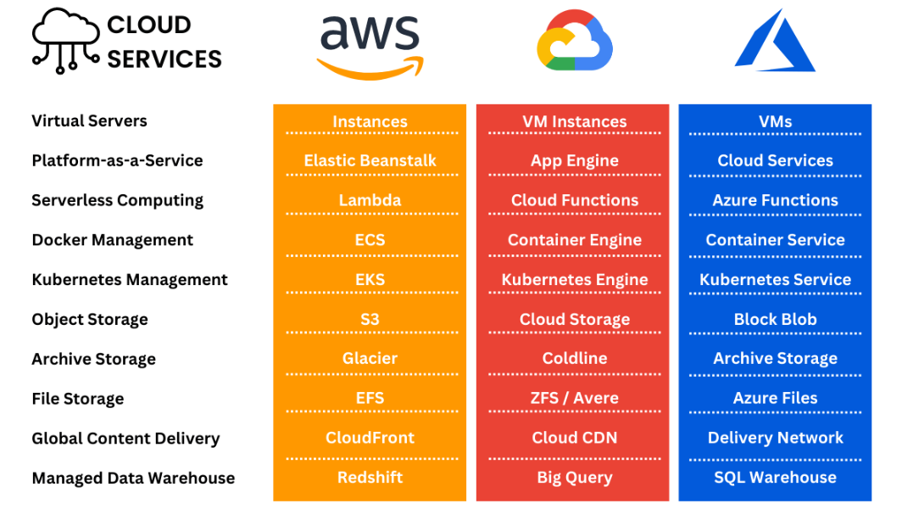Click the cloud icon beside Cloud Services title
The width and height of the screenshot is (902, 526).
click(66, 40)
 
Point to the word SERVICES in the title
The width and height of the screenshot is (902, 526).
click(164, 59)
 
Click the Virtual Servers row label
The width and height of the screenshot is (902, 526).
click(89, 120)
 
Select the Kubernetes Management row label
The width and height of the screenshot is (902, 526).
click(130, 279)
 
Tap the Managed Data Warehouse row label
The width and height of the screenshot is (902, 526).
click(133, 478)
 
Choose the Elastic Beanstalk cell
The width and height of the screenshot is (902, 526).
click(370, 160)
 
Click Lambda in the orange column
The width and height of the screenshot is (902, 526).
click(370, 200)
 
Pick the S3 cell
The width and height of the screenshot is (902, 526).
click(370, 319)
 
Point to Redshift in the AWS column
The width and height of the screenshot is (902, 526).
click(370, 478)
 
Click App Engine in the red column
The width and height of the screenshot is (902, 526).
click(574, 160)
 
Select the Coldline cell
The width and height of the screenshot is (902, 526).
click(574, 358)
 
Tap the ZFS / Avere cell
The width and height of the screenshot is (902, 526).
click(574, 398)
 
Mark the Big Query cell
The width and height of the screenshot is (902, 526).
click(574, 478)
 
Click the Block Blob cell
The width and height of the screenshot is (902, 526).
click(775, 319)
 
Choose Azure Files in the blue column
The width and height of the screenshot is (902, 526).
click(775, 398)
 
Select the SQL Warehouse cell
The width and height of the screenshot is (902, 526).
click(775, 478)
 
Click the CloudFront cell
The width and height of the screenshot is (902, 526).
click(370, 438)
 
